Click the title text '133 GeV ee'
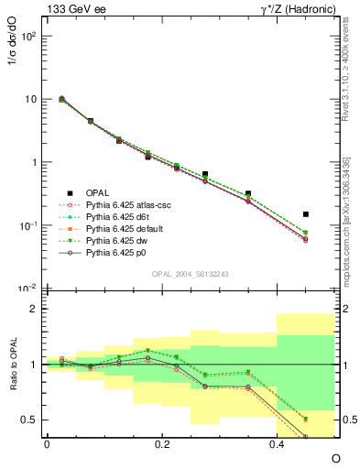click(73, 9)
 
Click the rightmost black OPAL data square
click(306, 214)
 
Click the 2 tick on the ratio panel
click(36, 310)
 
